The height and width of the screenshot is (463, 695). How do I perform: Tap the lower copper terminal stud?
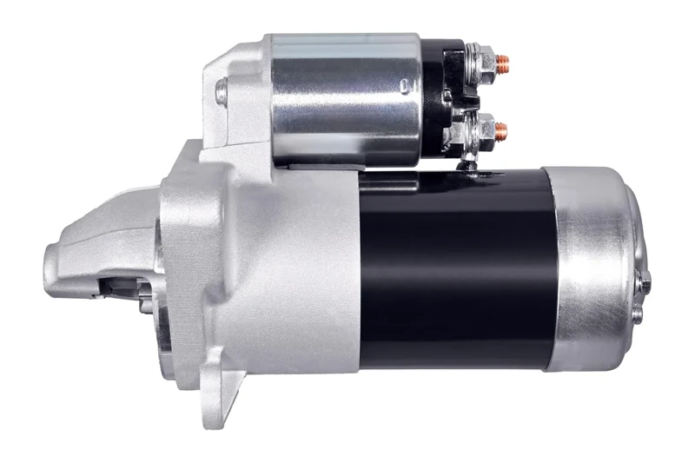point(501,130)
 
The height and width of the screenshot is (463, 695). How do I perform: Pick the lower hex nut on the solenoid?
point(483,130)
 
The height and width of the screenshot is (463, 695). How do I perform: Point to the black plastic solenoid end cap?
point(439,96)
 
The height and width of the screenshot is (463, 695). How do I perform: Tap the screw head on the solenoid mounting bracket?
point(222,90)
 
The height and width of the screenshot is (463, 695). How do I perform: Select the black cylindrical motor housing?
point(456,269)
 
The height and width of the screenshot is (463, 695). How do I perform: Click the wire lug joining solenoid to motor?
point(469,165)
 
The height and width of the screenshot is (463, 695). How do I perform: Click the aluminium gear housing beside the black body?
point(287,278)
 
